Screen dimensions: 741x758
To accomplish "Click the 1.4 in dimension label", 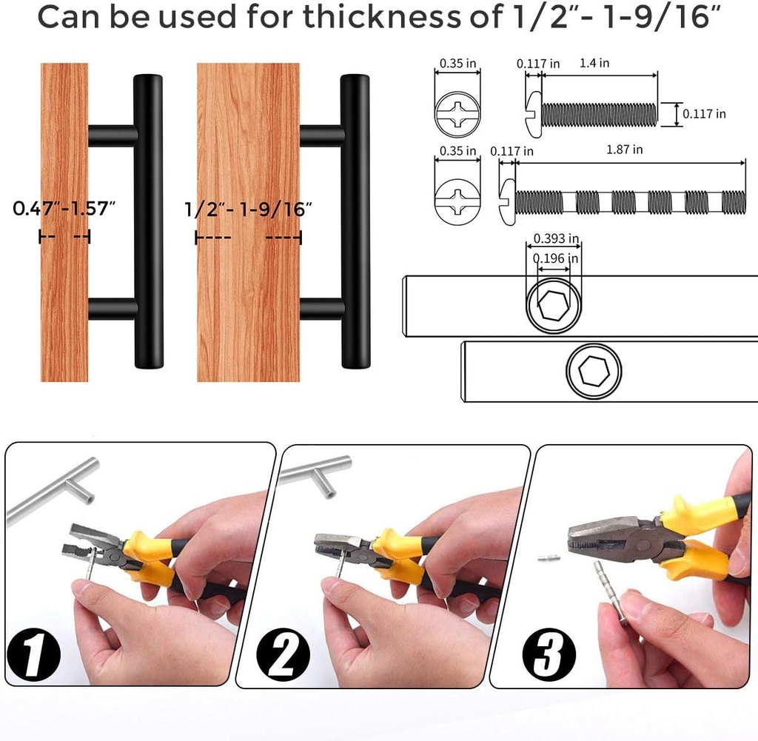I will tap(594, 63).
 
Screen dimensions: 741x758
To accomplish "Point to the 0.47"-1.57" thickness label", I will tap(65, 208).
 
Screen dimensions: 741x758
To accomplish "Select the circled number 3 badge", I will tap(549, 652).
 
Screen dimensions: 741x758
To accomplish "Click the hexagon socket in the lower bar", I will tap(594, 372).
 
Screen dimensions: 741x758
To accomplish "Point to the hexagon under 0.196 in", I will tap(552, 304).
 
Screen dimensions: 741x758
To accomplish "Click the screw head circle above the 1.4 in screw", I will tap(457, 115).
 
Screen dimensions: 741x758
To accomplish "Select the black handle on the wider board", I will tap(355, 222).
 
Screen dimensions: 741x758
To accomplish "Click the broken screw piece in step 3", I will tap(549, 561).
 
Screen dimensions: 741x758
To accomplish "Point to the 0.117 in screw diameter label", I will tap(703, 114).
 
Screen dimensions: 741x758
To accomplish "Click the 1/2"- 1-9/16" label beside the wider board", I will tap(247, 209).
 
